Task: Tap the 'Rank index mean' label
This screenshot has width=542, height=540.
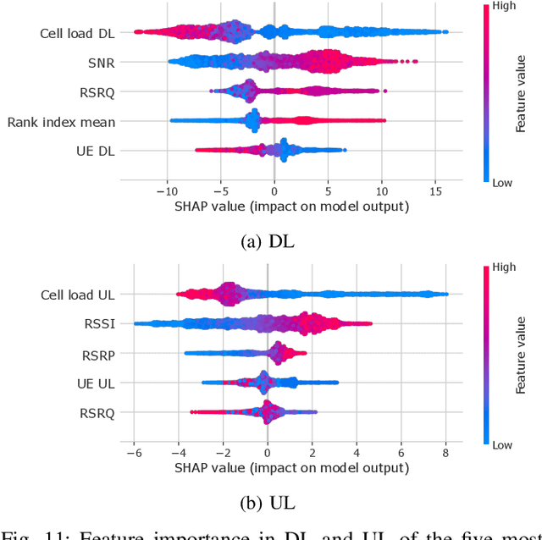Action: coord(62,122)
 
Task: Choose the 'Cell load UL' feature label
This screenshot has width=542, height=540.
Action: coord(77,295)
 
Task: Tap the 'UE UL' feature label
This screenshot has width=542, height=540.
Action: coord(96,383)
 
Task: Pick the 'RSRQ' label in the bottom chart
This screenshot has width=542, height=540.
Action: coord(96,413)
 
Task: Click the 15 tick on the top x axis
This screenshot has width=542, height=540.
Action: coord(435,191)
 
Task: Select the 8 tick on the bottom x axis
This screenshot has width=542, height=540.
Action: coord(446,453)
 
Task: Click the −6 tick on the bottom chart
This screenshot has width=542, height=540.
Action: coord(132,453)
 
